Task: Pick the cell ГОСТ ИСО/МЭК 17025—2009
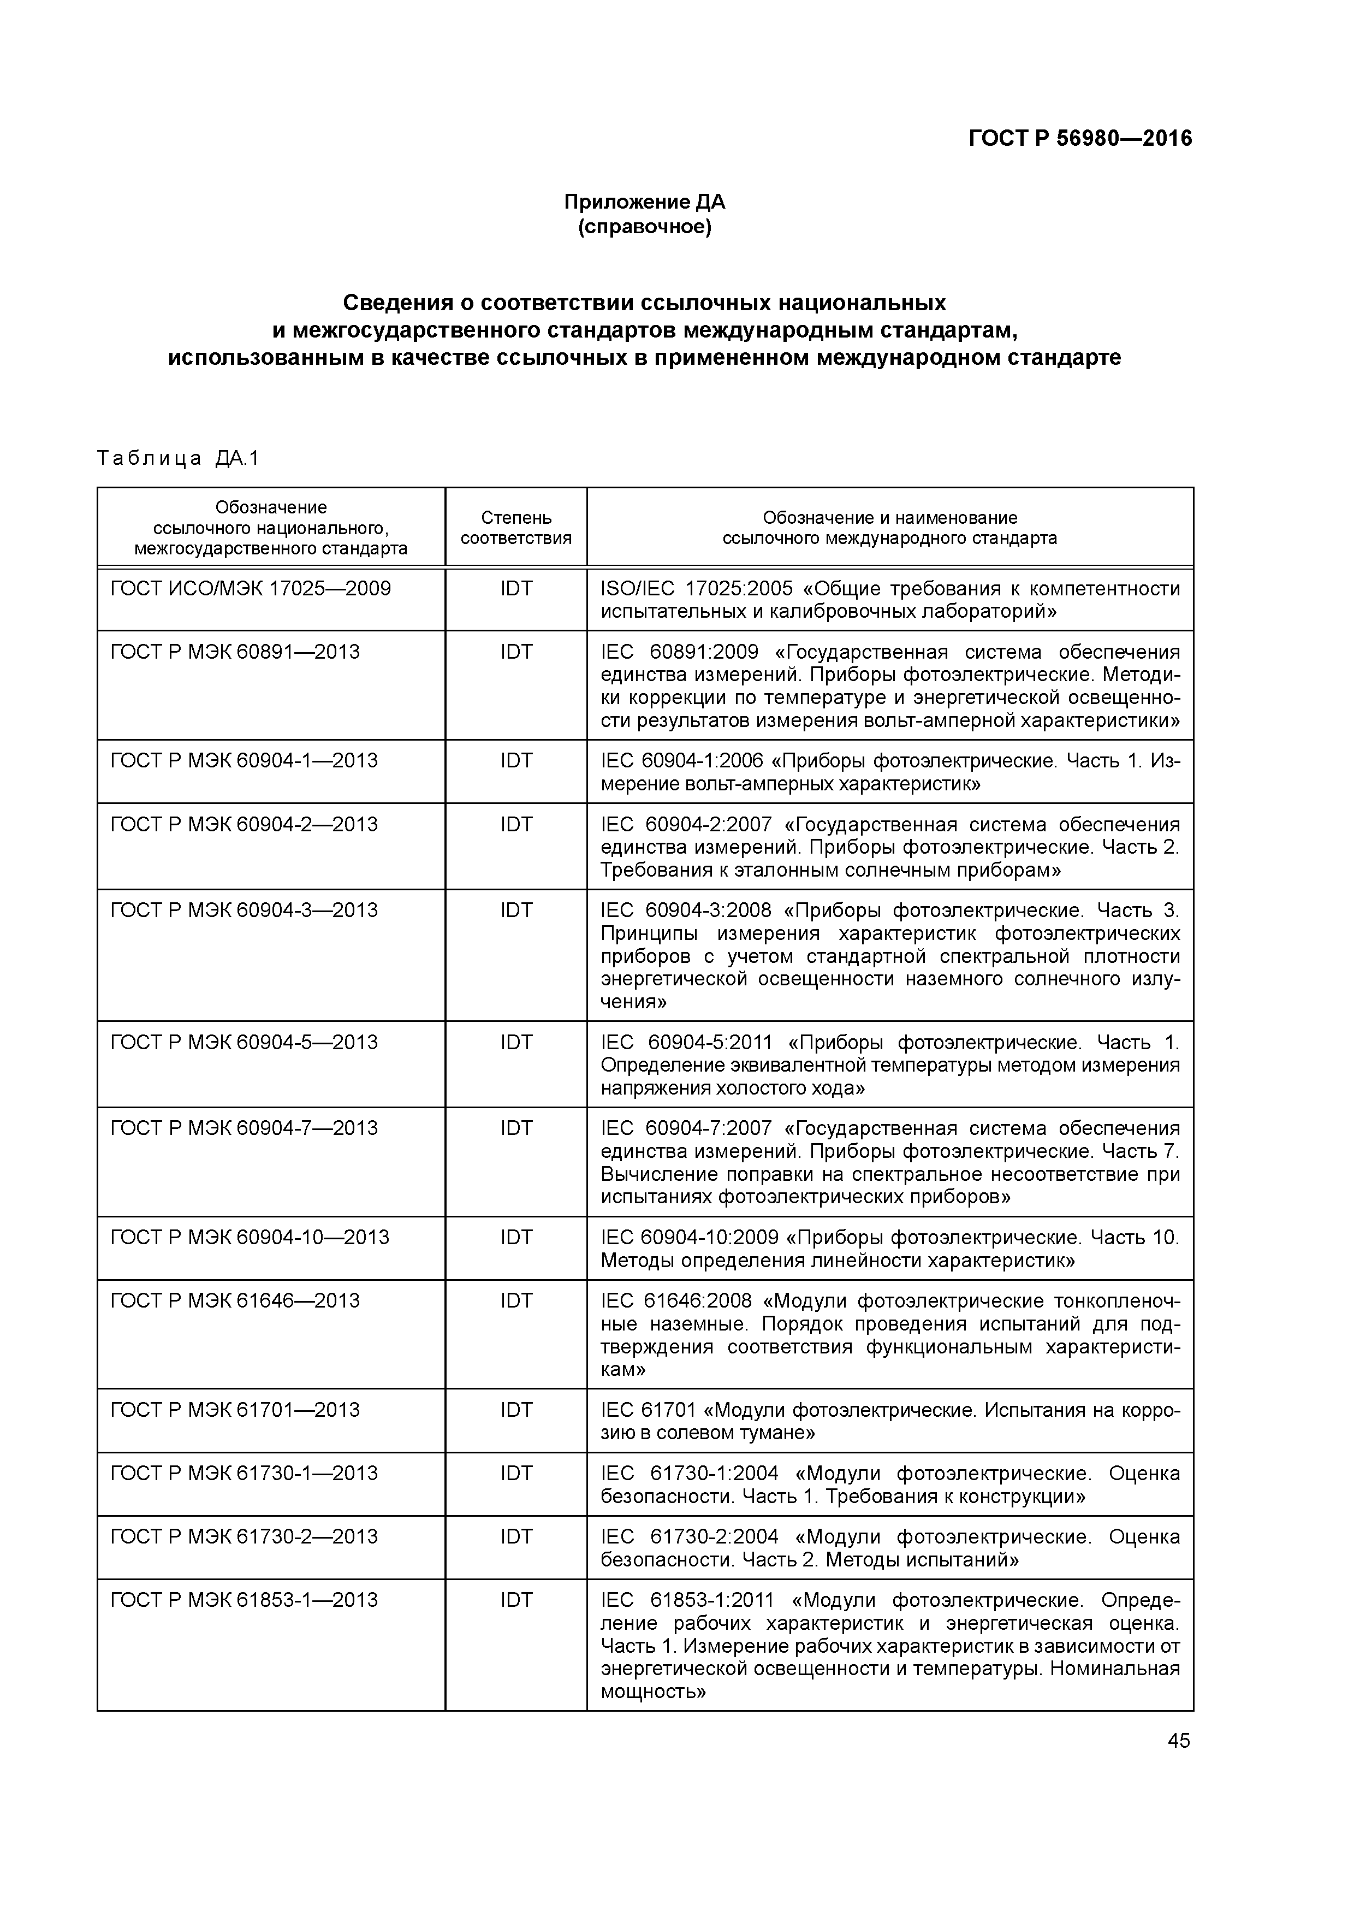[x=250, y=589]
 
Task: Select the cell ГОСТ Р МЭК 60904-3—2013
[x=244, y=909]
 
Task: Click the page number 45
[x=1178, y=1741]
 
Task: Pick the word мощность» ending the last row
[x=653, y=1692]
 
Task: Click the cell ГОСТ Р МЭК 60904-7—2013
[x=244, y=1128]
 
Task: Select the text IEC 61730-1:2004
[x=689, y=1473]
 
